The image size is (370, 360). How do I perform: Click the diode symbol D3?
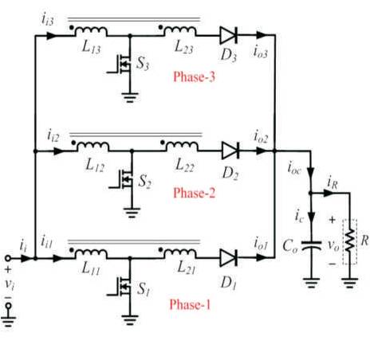(229, 35)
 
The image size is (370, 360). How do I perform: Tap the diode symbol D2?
(230, 151)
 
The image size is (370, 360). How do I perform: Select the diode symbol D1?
(229, 258)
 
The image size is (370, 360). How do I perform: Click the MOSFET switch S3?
(122, 64)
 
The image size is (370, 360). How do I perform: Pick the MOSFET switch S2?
(124, 180)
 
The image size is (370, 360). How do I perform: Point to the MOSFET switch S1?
(122, 287)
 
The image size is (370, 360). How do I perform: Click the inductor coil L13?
(92, 31)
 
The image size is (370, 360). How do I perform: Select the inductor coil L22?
(183, 147)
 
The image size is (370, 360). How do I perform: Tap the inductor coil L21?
(180, 253)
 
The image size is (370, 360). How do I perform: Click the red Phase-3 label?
(194, 76)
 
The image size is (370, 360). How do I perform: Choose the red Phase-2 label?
(194, 193)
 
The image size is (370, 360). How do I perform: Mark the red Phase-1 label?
(190, 304)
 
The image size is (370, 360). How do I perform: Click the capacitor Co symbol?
(311, 245)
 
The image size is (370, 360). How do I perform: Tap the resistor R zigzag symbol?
(350, 241)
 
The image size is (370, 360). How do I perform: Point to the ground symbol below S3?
(130, 97)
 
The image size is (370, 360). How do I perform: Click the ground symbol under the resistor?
(350, 284)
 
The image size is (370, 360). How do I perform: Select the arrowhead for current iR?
(329, 193)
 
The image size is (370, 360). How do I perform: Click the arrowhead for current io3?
(262, 35)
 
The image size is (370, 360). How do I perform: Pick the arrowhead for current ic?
(311, 217)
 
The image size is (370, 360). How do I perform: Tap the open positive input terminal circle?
(8, 258)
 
